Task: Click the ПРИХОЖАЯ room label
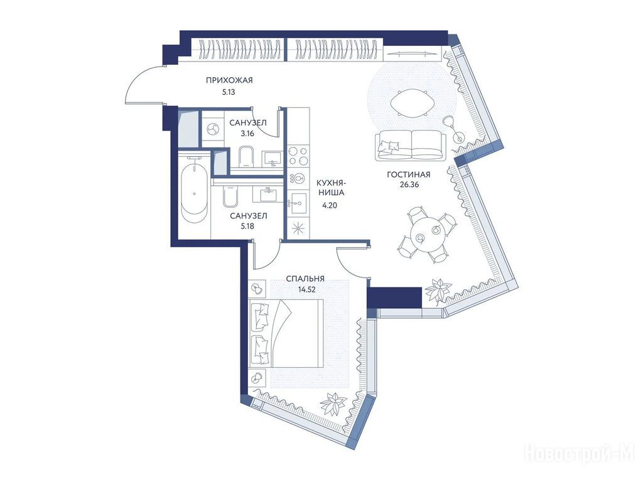point(229,80)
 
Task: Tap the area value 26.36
point(409,185)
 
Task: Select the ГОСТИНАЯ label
point(408,175)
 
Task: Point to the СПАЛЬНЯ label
point(305,279)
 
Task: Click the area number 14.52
point(307,289)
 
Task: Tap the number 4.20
point(329,206)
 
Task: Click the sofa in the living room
point(411,145)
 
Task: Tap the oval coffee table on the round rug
point(412,102)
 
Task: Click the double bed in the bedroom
point(286,333)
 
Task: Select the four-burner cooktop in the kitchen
point(298,156)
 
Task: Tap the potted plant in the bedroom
point(333,404)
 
